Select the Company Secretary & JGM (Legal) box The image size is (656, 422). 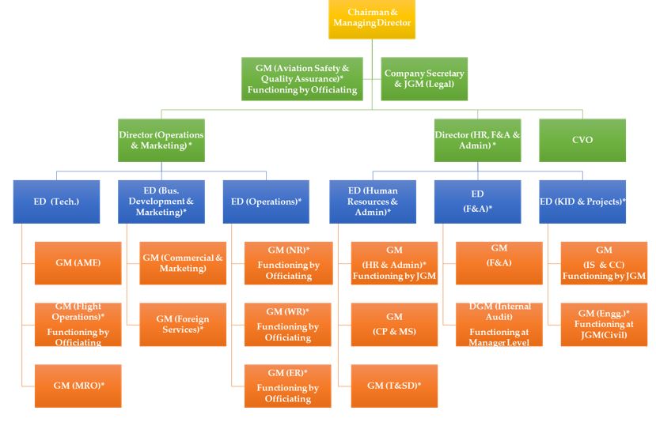click(424, 79)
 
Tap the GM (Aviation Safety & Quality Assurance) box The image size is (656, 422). click(301, 79)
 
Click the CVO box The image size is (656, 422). click(582, 140)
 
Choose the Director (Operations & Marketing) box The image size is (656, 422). click(161, 140)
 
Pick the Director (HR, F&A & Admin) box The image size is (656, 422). click(477, 140)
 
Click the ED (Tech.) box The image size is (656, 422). click(56, 202)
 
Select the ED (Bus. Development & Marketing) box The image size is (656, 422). click(161, 202)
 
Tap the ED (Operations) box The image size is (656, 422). click(267, 202)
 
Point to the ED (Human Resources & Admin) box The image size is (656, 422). click(372, 202)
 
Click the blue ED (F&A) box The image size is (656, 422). click(477, 202)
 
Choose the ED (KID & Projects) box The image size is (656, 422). click(582, 202)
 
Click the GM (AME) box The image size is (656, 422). click(78, 263)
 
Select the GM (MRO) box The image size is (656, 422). click(78, 386)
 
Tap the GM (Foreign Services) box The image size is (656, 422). click(183, 324)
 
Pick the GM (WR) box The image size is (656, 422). click(288, 324)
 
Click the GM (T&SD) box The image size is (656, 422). click(393, 386)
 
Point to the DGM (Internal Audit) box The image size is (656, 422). click(499, 324)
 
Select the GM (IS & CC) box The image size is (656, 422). click(604, 263)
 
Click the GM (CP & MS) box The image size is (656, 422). click(393, 324)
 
